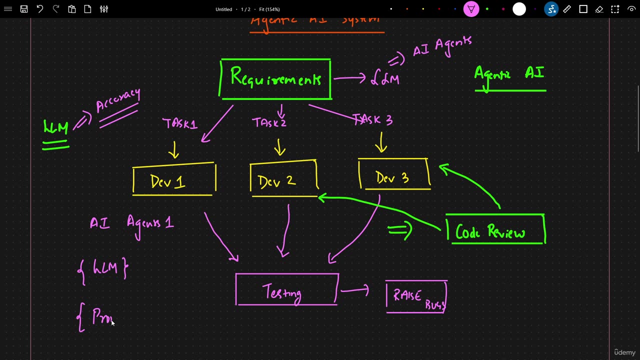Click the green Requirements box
[x=275, y=79]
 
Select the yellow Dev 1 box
[x=174, y=180]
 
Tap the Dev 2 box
[x=283, y=180]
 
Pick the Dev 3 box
[x=394, y=176]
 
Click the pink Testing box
[x=286, y=290]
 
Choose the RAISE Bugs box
[x=416, y=297]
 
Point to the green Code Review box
[x=495, y=230]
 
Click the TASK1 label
[x=179, y=123]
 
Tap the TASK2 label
[x=269, y=122]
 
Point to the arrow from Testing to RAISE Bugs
[x=355, y=290]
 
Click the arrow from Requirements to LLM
[x=349, y=78]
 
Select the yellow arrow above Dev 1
[x=174, y=149]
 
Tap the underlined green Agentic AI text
[x=509, y=74]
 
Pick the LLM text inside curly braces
[x=104, y=268]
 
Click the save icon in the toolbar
[x=24, y=9]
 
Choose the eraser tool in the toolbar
[x=599, y=9]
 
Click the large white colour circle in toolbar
[x=519, y=9]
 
